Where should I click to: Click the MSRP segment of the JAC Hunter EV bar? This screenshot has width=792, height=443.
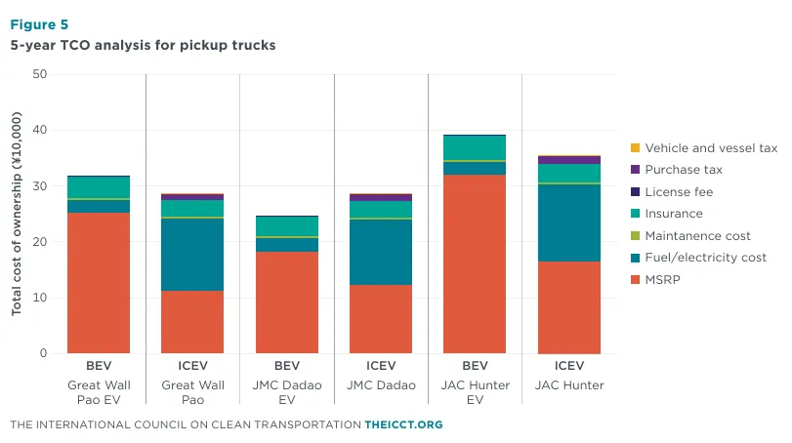pyautogui.click(x=475, y=263)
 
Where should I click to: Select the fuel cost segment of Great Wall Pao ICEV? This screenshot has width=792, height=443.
pyautogui.click(x=192, y=255)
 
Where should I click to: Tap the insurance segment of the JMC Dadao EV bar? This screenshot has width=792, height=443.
pyautogui.click(x=287, y=226)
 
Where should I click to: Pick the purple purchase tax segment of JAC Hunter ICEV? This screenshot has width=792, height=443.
pyautogui.click(x=569, y=160)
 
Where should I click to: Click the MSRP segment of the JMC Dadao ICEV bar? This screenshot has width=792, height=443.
pyautogui.click(x=381, y=319)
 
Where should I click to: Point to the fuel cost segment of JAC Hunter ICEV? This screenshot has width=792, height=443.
pyautogui.click(x=569, y=223)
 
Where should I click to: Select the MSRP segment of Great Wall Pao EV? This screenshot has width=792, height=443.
pyautogui.click(x=99, y=283)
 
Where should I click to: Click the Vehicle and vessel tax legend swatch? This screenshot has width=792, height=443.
pyautogui.click(x=636, y=148)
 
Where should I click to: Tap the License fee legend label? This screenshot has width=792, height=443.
pyautogui.click(x=679, y=191)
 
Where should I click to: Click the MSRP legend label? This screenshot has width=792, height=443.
pyautogui.click(x=663, y=279)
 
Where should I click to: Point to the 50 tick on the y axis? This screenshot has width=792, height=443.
pyautogui.click(x=39, y=74)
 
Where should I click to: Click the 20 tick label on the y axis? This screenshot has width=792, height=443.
pyautogui.click(x=39, y=242)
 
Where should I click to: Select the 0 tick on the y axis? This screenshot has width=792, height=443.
pyautogui.click(x=43, y=353)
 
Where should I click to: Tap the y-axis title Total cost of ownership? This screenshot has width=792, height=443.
pyautogui.click(x=17, y=214)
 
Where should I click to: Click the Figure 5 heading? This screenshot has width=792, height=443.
pyautogui.click(x=39, y=24)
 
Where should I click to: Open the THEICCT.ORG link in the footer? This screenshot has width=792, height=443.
pyautogui.click(x=403, y=424)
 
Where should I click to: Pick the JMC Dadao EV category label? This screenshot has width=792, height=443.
pyautogui.click(x=287, y=392)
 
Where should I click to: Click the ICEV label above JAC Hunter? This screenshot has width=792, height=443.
pyautogui.click(x=569, y=365)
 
